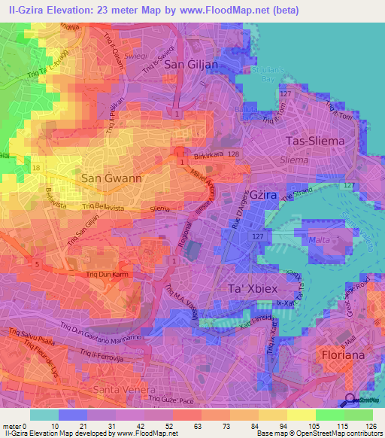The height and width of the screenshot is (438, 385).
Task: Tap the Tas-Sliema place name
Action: (315, 141)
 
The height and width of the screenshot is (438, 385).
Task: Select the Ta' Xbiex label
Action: (253, 288)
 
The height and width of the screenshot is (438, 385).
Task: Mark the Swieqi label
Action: (157, 56)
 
